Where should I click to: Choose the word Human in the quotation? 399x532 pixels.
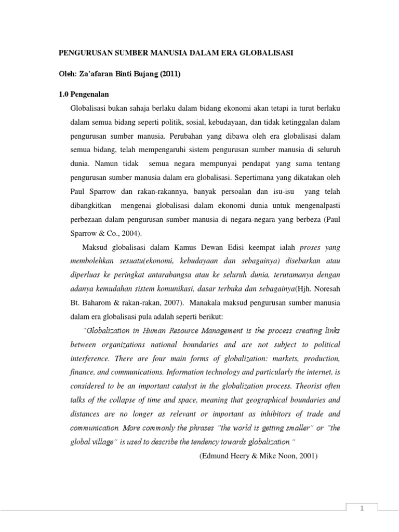[x=160, y=329]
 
